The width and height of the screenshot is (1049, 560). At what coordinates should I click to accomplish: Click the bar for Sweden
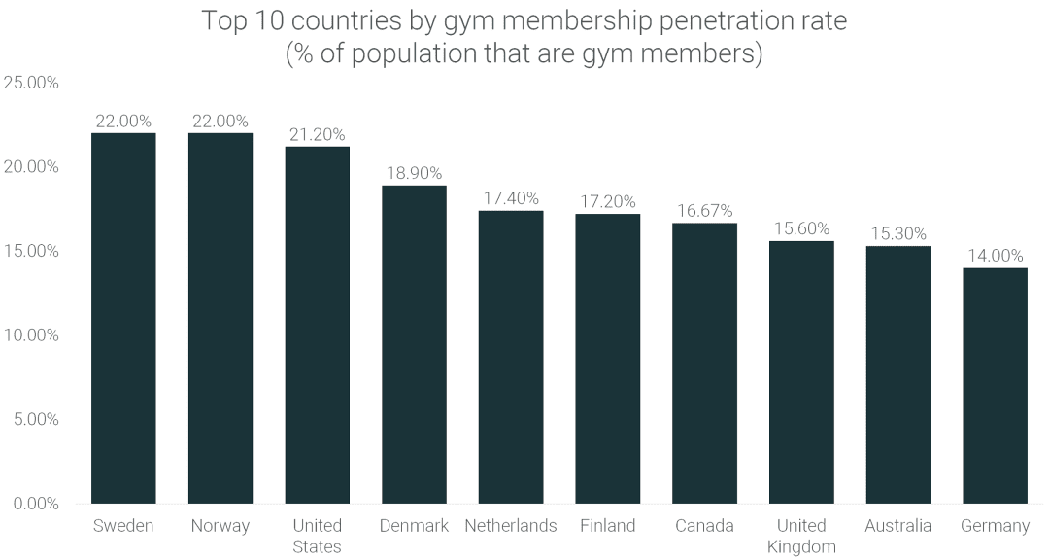point(123,318)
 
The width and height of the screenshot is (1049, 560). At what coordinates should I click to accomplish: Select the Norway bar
point(220,318)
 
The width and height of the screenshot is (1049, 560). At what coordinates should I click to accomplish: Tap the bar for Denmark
point(414,344)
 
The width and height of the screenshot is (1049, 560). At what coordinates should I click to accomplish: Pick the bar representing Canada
point(704,363)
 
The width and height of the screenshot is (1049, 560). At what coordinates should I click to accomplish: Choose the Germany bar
point(995,385)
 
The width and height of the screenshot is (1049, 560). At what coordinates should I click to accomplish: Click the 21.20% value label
point(317,135)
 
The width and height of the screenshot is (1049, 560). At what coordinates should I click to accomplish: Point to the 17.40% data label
point(511,198)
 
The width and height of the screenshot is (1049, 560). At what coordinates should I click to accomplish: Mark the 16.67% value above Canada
point(704,211)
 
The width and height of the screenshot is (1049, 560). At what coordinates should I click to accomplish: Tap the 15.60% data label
point(801,229)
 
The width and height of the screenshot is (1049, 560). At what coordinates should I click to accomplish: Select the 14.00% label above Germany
point(995,257)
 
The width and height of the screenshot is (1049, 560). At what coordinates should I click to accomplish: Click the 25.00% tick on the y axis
point(31,83)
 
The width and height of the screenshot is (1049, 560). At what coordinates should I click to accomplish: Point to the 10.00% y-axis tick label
point(31,335)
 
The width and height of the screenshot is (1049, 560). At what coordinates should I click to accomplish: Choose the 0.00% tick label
point(34,504)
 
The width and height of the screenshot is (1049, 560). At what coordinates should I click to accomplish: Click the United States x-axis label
point(317,536)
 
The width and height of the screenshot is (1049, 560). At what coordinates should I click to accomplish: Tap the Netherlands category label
point(511,526)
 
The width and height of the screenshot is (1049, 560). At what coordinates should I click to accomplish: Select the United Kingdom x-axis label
point(801,536)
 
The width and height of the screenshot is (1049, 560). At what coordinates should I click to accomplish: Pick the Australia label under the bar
point(897,526)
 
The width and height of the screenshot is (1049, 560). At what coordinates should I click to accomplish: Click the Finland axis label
point(607,526)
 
